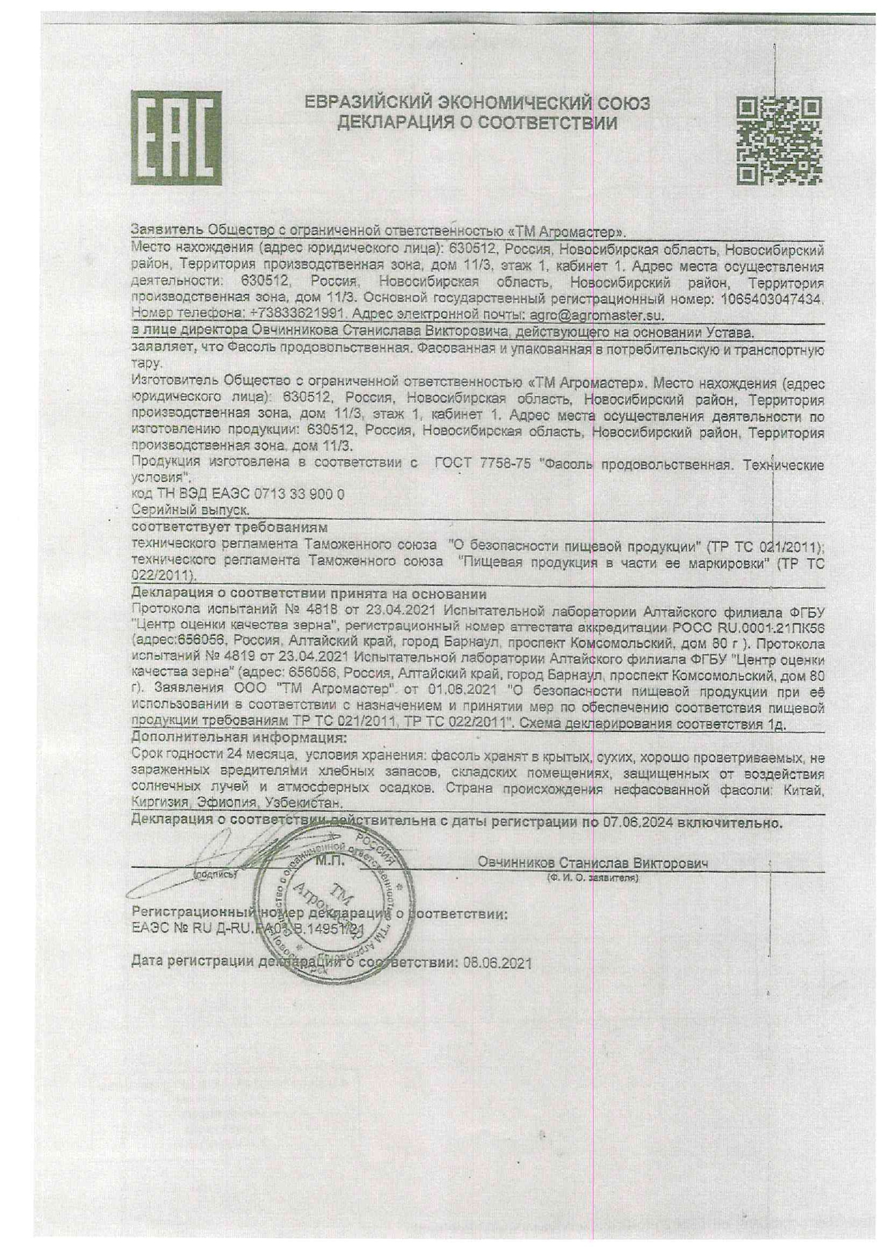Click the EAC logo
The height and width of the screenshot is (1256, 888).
pos(175,137)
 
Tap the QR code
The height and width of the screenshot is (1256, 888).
pos(779,140)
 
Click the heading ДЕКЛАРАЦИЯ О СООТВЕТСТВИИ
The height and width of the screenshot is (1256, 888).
pos(477,123)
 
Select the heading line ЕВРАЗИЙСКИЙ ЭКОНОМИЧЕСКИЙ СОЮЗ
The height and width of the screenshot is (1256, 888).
pos(477,102)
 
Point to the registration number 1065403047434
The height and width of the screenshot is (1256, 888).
pos(771,299)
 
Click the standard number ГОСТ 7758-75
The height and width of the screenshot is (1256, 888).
pos(483,463)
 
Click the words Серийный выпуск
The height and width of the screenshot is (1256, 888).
pos(190,510)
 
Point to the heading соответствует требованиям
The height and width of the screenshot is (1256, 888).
pos(230,528)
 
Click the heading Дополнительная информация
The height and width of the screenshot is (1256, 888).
pos(239,737)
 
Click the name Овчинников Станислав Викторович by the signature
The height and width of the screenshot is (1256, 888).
pos(592,863)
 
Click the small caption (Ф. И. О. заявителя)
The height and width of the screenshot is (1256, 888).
pos(592,878)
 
